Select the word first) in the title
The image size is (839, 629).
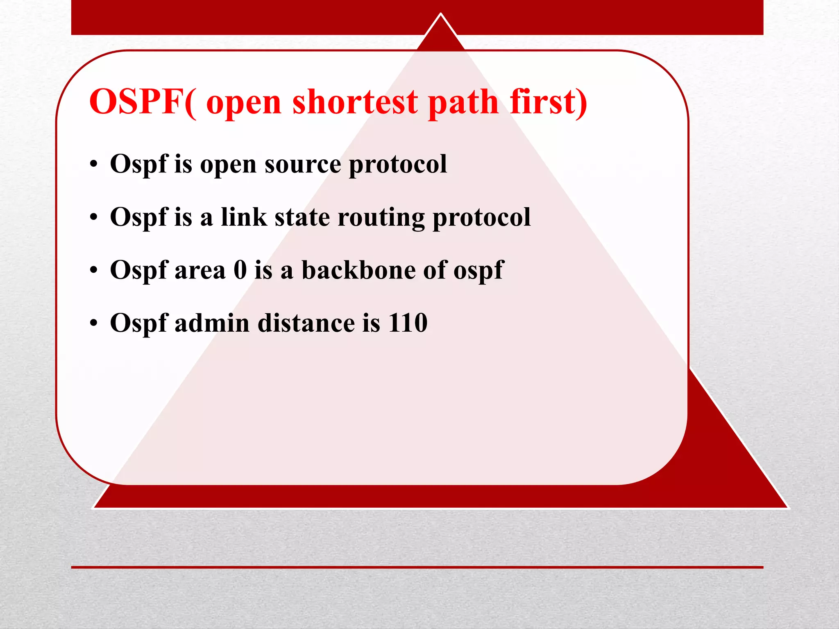549,102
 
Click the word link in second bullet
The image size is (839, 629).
244,217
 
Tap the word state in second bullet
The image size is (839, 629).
302,217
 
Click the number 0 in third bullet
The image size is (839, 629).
240,270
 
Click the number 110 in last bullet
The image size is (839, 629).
408,323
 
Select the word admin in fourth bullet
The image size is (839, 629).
212,323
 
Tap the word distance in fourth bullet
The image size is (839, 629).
306,323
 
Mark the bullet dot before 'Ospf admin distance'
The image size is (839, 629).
94,324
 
